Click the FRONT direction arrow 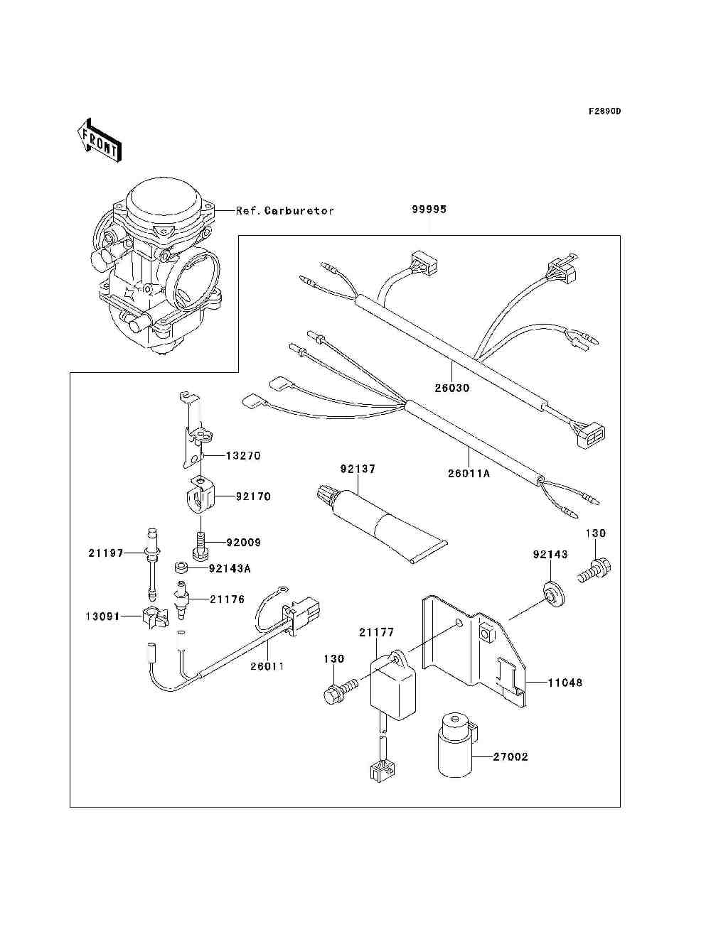(x=98, y=139)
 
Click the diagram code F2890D (x=604, y=112)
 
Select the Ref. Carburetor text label (x=284, y=211)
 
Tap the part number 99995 (x=429, y=210)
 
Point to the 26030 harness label (x=452, y=389)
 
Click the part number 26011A (x=469, y=472)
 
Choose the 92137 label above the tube (x=358, y=469)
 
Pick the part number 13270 (x=243, y=455)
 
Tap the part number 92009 (x=243, y=542)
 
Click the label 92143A (x=230, y=568)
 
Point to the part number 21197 (x=106, y=553)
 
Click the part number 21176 (x=227, y=599)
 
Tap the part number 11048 (x=565, y=683)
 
